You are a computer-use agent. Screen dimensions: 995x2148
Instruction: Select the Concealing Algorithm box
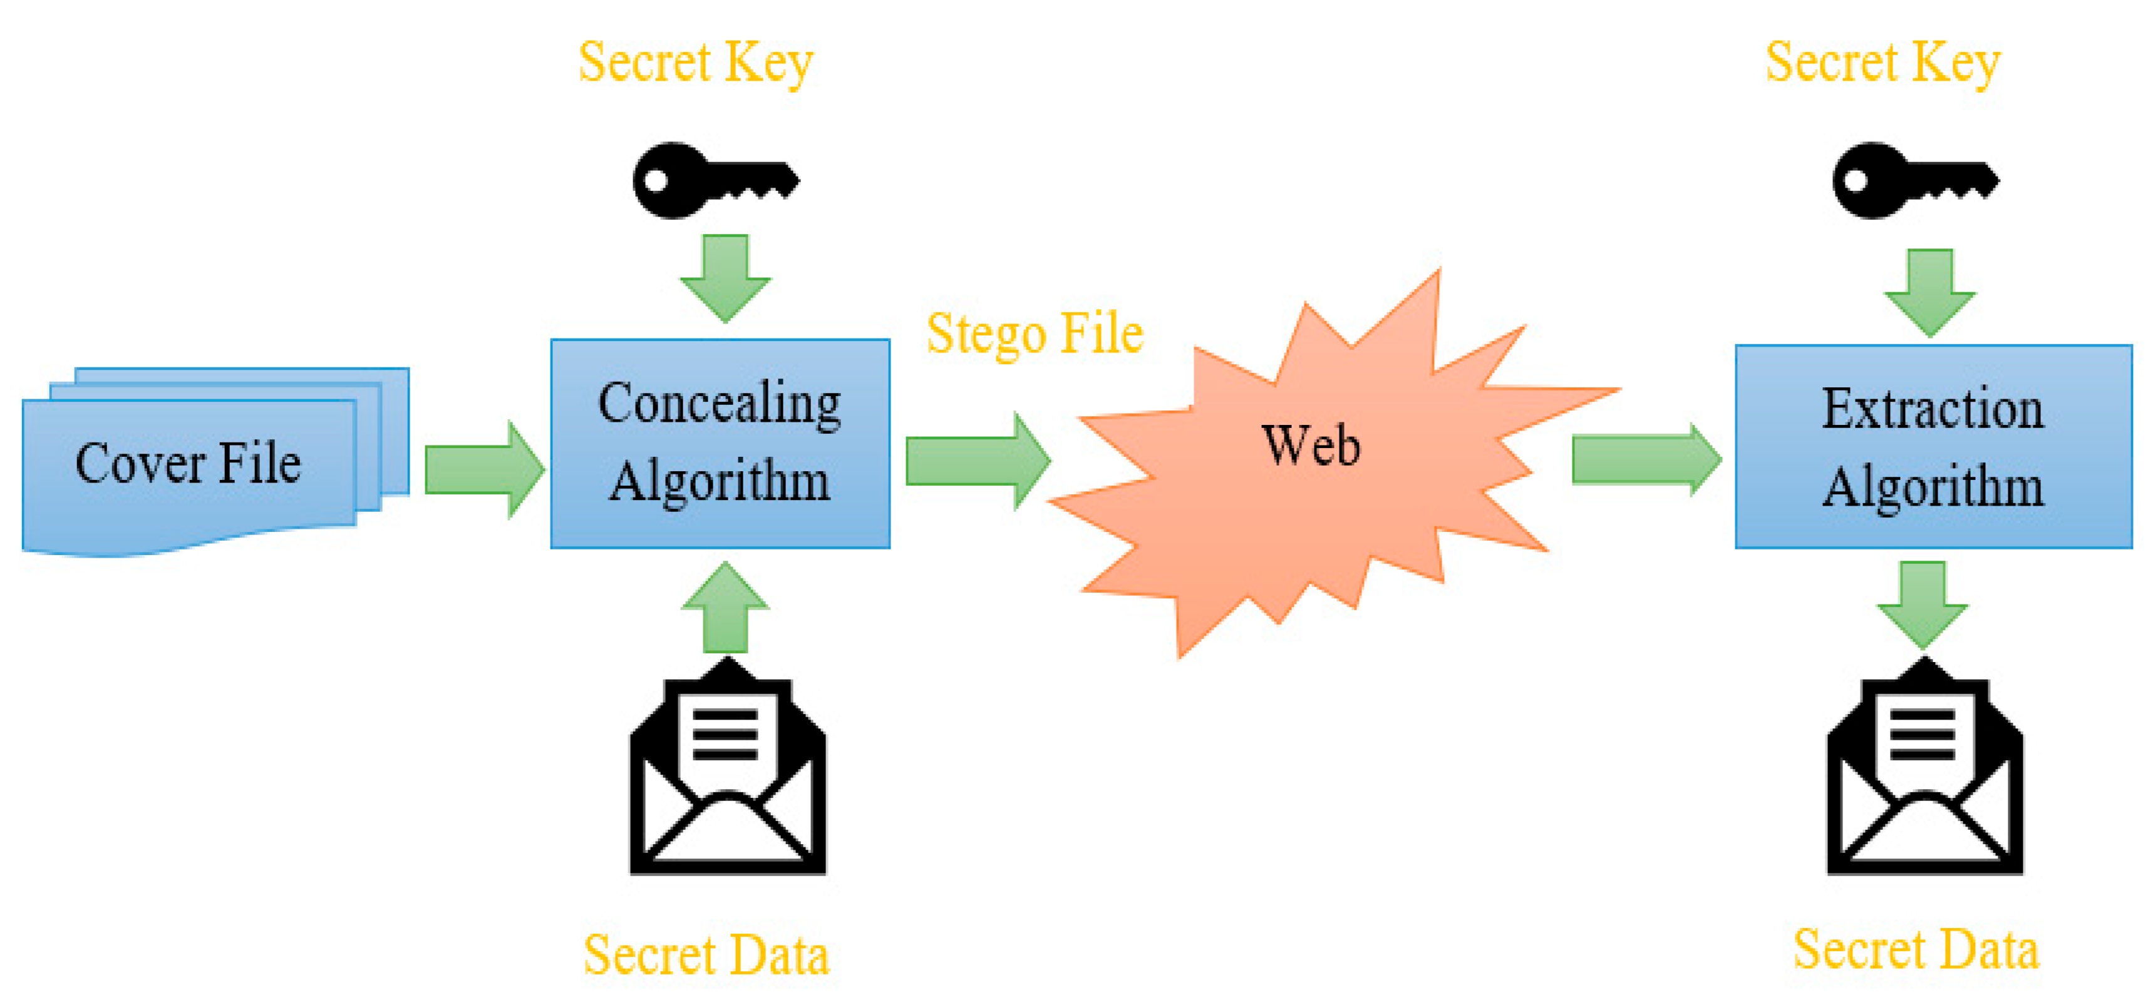coord(720,443)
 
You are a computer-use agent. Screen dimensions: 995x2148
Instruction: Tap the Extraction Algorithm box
coord(1933,447)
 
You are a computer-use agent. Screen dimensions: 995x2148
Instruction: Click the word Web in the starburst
coord(1311,445)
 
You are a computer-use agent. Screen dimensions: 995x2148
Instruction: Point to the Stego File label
coord(1035,334)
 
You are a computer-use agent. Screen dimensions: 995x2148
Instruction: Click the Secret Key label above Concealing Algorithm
coord(696,63)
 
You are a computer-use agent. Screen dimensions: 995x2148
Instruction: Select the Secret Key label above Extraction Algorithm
coord(1883,63)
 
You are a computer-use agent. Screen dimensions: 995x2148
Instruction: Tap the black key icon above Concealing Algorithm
coord(715,181)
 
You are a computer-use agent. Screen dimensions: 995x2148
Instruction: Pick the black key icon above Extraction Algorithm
coord(1914,181)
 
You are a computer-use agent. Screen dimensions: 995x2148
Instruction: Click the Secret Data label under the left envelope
coord(706,955)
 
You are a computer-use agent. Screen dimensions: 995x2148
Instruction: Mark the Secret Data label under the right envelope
coord(1916,950)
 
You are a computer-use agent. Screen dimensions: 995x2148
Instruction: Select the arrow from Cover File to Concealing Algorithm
coord(483,470)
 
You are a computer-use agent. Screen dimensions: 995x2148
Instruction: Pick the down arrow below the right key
coord(1929,292)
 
